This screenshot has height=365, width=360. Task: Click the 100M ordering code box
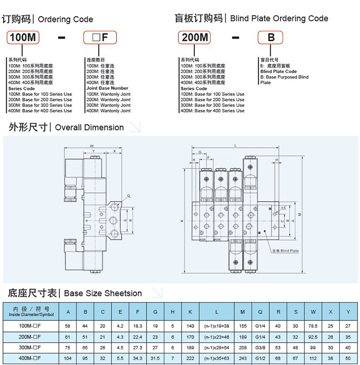24,38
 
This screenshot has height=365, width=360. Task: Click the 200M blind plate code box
196,38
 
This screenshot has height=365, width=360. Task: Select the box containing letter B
271,38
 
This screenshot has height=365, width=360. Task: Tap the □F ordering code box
100,38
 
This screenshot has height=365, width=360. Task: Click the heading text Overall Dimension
89,127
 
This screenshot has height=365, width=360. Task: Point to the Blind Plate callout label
285,251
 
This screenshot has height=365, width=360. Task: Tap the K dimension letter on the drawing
181,221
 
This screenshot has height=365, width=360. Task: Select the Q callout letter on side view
129,195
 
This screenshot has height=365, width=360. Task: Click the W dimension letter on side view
92,146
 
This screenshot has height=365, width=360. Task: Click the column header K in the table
190,312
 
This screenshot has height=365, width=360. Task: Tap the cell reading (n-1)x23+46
217,337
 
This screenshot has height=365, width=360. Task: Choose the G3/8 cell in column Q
260,347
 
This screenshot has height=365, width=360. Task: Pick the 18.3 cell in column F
137,326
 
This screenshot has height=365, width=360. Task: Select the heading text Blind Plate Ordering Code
279,19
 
